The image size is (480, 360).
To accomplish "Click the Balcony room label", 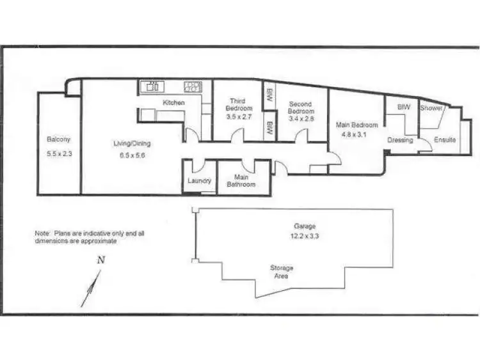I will pos(58,139).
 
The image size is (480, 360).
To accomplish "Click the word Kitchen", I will pos(173,103).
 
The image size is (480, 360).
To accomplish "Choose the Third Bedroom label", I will pos(237,105).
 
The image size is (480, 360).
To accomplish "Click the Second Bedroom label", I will pos(300,108).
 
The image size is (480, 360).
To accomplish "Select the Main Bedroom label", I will pos(357,125).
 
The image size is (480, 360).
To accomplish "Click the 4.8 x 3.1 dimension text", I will pos(357,135).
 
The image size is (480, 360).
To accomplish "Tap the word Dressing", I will pos(401,140).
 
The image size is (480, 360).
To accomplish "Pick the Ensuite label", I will pos(445,140).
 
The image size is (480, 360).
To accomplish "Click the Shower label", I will pos(431,108).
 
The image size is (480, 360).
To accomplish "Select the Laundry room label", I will pos(199,181).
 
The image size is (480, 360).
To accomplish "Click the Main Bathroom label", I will pos(241,181).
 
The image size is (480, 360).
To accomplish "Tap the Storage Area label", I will pos(282,272).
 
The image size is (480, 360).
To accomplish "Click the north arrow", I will pos(91,288).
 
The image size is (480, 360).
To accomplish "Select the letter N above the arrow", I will pos(100,260).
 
